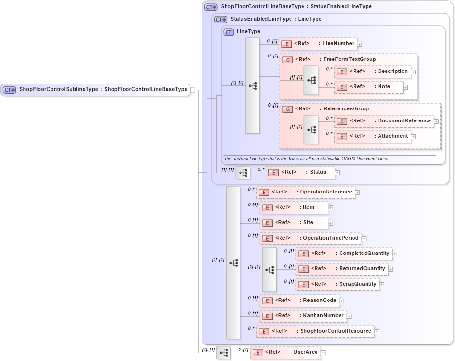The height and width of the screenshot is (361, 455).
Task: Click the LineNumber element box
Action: pyautogui.click(x=317, y=44)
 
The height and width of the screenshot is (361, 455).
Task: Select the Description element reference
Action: pyautogui.click(x=373, y=72)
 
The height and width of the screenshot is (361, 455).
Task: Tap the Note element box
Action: pyautogui.click(x=369, y=87)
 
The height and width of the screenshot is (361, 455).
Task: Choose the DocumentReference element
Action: pyautogui.click(x=384, y=121)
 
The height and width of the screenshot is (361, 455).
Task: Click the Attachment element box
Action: pyautogui.click(x=372, y=136)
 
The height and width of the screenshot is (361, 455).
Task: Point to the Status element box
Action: pyautogui.click(x=300, y=172)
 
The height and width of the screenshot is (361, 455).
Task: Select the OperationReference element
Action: pyautogui.click(x=306, y=192)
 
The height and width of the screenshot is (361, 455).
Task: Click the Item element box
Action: pyautogui.click(x=293, y=207)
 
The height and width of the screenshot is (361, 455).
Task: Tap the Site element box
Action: pyautogui.click(x=293, y=223)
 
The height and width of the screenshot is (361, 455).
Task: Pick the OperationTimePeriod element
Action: pyautogui.click(x=310, y=238)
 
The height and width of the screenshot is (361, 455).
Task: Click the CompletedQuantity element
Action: pyautogui.click(x=344, y=253)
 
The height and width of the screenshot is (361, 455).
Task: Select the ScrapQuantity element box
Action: pyautogui.click(x=337, y=284)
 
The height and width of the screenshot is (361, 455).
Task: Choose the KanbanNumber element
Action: pyautogui.click(x=303, y=315)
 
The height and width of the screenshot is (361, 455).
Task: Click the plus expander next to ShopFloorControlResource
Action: pyautogui.click(x=377, y=331)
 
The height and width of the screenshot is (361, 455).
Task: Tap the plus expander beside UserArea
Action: pyautogui.click(x=323, y=353)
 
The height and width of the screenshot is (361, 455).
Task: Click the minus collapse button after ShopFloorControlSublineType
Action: pyautogui.click(x=192, y=89)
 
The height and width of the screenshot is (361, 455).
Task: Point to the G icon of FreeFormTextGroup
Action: pyautogui.click(x=288, y=60)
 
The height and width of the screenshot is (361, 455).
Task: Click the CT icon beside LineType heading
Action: pyautogui.click(x=229, y=32)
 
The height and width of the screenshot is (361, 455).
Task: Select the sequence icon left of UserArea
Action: pyautogui.click(x=224, y=353)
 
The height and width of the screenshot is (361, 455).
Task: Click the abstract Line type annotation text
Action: pyautogui.click(x=306, y=159)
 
